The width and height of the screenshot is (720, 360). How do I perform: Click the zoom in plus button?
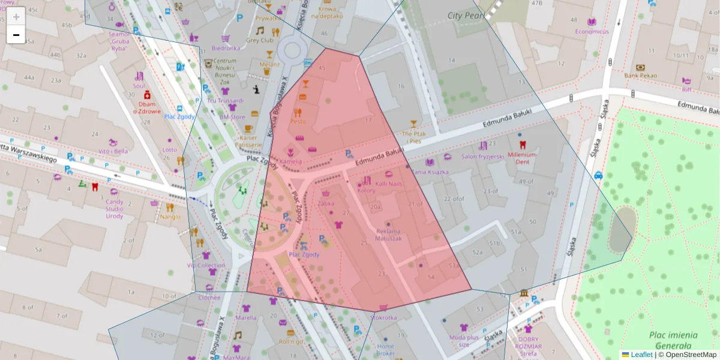click(x=16, y=17)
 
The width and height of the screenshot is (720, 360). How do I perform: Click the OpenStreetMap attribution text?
click(x=691, y=355)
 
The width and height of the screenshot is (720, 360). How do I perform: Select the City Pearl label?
click(x=466, y=16)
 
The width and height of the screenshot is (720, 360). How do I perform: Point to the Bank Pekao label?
click(x=640, y=76)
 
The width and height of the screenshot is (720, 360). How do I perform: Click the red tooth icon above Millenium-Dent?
click(x=522, y=145)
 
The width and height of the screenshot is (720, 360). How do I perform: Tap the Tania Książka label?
click(x=427, y=172)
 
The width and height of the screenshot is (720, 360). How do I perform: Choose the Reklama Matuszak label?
click(x=388, y=235)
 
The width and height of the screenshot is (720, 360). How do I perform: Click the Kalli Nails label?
click(x=389, y=183)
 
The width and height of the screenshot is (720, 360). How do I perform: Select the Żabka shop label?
click(x=326, y=203)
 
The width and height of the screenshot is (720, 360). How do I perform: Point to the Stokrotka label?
click(x=383, y=317)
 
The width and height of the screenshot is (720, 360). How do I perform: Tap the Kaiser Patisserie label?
click(x=247, y=140)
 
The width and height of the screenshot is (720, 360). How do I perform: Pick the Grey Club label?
click(x=259, y=40)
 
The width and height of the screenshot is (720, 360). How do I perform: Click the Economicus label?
click(x=592, y=31)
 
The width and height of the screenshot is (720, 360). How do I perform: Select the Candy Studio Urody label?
click(x=115, y=208)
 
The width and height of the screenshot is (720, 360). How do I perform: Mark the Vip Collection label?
click(x=206, y=265)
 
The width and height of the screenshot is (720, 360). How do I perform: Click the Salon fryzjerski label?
click(x=482, y=157)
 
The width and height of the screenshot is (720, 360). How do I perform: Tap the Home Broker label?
click(x=386, y=349)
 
